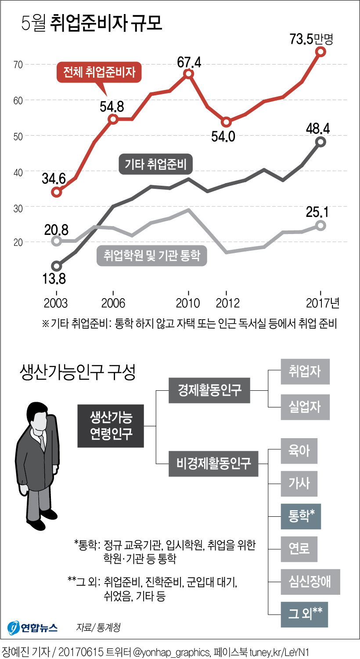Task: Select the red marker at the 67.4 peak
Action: [189, 74]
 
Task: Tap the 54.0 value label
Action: [224, 136]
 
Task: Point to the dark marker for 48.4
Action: [321, 142]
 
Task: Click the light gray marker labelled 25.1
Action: [321, 225]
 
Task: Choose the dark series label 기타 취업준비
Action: [156, 165]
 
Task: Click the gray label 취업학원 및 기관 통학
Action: [152, 255]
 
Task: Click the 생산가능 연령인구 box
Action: [111, 426]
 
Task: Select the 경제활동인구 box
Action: [209, 390]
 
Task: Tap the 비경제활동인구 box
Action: [213, 463]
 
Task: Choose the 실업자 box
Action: [305, 407]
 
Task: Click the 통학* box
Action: [301, 516]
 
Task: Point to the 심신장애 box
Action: [310, 582]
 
